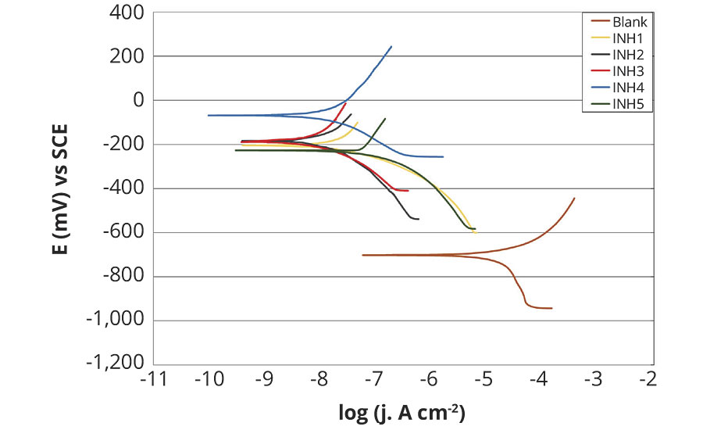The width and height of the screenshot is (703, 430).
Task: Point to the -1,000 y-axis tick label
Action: tap(118, 321)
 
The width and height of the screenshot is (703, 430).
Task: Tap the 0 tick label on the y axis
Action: tap(139, 100)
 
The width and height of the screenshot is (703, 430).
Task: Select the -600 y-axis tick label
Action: tap(126, 233)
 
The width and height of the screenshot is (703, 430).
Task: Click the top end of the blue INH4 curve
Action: tap(391, 46)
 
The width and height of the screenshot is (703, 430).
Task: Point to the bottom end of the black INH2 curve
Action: tap(419, 219)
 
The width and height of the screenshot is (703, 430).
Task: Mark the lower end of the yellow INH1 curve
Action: tap(475, 233)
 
